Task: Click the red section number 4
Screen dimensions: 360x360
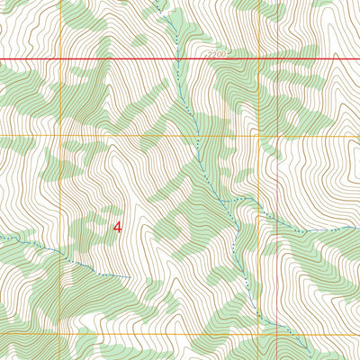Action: tap(118, 228)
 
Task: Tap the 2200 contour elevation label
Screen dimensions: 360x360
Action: tap(217, 55)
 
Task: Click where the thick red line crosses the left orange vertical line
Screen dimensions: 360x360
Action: tap(60, 59)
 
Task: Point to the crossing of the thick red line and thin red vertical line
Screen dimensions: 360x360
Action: tap(334, 59)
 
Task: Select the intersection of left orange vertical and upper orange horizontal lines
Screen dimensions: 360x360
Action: tap(60, 136)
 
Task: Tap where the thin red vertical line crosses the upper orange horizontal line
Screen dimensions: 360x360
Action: tap(334, 136)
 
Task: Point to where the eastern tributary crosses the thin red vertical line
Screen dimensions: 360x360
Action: tap(334, 229)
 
